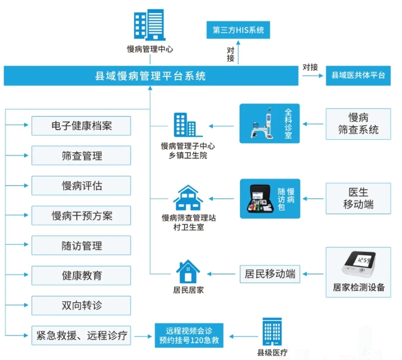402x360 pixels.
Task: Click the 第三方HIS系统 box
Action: pyautogui.click(x=238, y=30)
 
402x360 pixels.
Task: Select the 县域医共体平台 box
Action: pyautogui.click(x=358, y=76)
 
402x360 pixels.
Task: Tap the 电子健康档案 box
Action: pyautogui.click(x=82, y=126)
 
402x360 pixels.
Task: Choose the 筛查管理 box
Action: pyautogui.click(x=82, y=156)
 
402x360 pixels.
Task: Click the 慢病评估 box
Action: pyautogui.click(x=82, y=186)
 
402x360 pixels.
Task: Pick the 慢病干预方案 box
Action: pyautogui.click(x=82, y=216)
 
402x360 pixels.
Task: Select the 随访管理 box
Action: pyautogui.click(x=82, y=246)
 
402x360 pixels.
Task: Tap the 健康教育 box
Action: pyautogui.click(x=82, y=276)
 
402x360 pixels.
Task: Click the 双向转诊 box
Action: pyautogui.click(x=82, y=306)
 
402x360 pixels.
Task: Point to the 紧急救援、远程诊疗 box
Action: pyautogui.click(x=82, y=336)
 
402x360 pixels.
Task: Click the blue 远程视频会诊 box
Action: pyautogui.click(x=189, y=336)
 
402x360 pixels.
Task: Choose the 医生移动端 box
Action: pyautogui.click(x=358, y=198)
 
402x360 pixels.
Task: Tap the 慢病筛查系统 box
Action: pyautogui.click(x=358, y=123)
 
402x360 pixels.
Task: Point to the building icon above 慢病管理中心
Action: pyautogui.click(x=149, y=24)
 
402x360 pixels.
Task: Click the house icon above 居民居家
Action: pyautogui.click(x=188, y=271)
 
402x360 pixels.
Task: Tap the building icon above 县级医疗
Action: pyautogui.click(x=272, y=331)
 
